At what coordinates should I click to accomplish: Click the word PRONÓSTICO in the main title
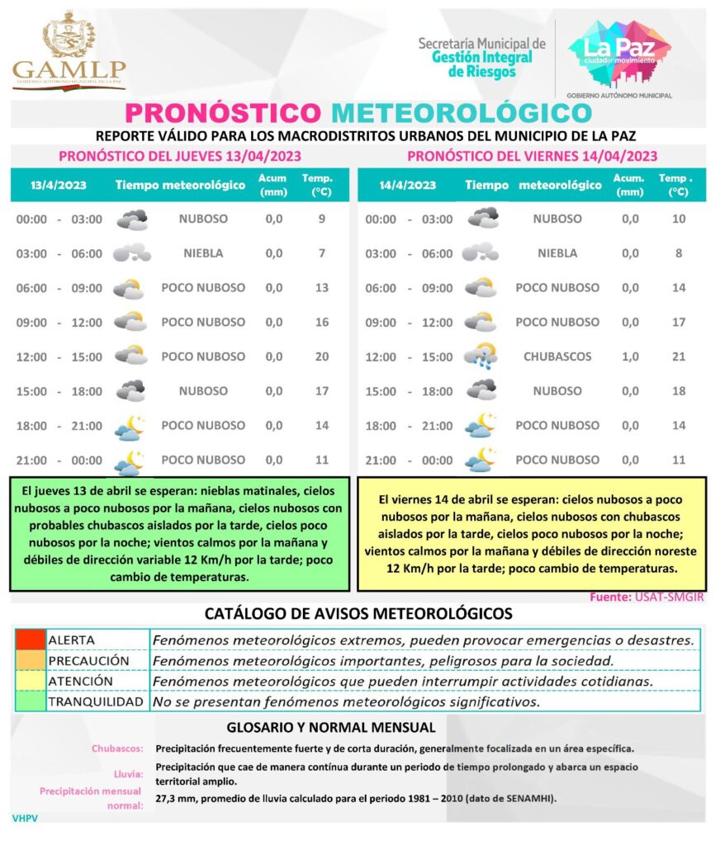point(222,112)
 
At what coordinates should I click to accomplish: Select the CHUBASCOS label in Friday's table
point(557,356)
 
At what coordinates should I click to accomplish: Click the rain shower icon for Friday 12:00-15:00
point(480,356)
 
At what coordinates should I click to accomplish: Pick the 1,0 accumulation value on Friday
point(629,356)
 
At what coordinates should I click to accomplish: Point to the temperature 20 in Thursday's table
point(322,356)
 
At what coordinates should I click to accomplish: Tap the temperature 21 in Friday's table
point(679,356)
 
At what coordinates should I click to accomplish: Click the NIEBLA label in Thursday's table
point(203,253)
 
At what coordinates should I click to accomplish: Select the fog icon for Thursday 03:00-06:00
point(131,253)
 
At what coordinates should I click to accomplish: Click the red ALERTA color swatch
point(31,640)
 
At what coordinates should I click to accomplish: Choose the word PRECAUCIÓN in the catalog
point(88,661)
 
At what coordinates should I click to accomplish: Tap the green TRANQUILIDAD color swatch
point(31,701)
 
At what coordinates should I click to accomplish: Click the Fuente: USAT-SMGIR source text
point(647,597)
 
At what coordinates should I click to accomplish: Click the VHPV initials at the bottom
point(26,819)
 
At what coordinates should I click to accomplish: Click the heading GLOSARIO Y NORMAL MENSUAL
point(330,728)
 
